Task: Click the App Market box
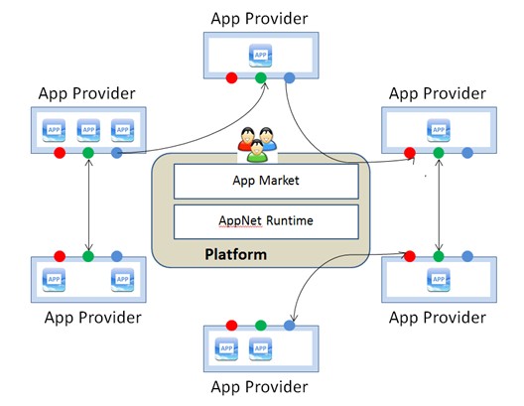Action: click(266, 181)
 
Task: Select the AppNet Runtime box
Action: click(266, 221)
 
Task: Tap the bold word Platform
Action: click(235, 254)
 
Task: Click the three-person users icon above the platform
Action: click(257, 144)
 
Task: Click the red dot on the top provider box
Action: click(231, 77)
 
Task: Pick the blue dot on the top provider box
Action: click(290, 77)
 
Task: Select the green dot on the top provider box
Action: click(261, 77)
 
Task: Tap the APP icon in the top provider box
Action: click(260, 56)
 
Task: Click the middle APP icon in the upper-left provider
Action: click(88, 130)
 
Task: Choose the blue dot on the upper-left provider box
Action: click(117, 153)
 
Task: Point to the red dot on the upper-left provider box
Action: click(60, 153)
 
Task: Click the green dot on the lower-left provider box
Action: click(88, 256)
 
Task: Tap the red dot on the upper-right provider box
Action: click(410, 153)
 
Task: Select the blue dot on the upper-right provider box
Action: click(467, 153)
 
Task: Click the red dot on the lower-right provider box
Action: click(410, 256)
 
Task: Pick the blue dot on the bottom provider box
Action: click(290, 326)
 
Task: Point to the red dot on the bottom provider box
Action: click(231, 326)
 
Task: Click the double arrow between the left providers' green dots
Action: click(88, 204)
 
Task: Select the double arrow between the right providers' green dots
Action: click(439, 204)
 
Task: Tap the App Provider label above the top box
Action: click(259, 19)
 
